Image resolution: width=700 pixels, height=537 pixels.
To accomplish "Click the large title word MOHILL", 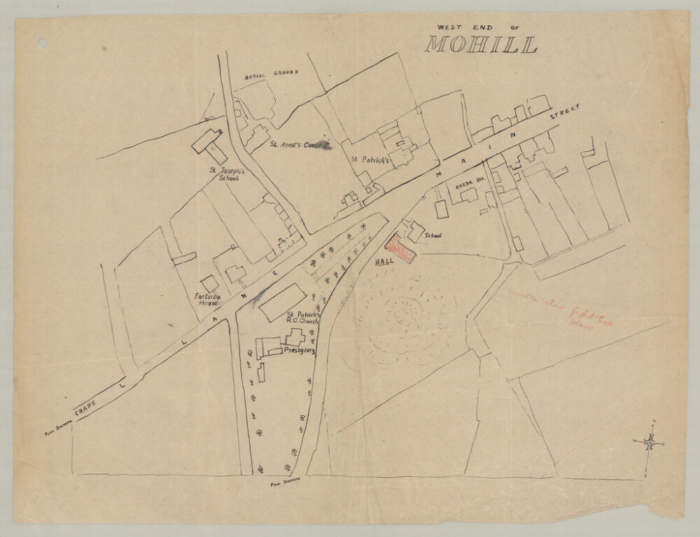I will click(x=482, y=45).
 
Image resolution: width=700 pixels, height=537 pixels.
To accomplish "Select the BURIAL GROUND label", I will click(x=272, y=73).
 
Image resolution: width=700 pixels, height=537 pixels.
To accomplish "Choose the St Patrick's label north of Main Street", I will click(x=370, y=160).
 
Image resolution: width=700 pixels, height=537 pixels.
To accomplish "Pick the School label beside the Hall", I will click(x=433, y=236).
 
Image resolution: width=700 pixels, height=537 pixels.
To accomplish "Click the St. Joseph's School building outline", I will click(x=207, y=142).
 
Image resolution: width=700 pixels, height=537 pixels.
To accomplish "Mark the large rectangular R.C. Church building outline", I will click(x=281, y=302).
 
